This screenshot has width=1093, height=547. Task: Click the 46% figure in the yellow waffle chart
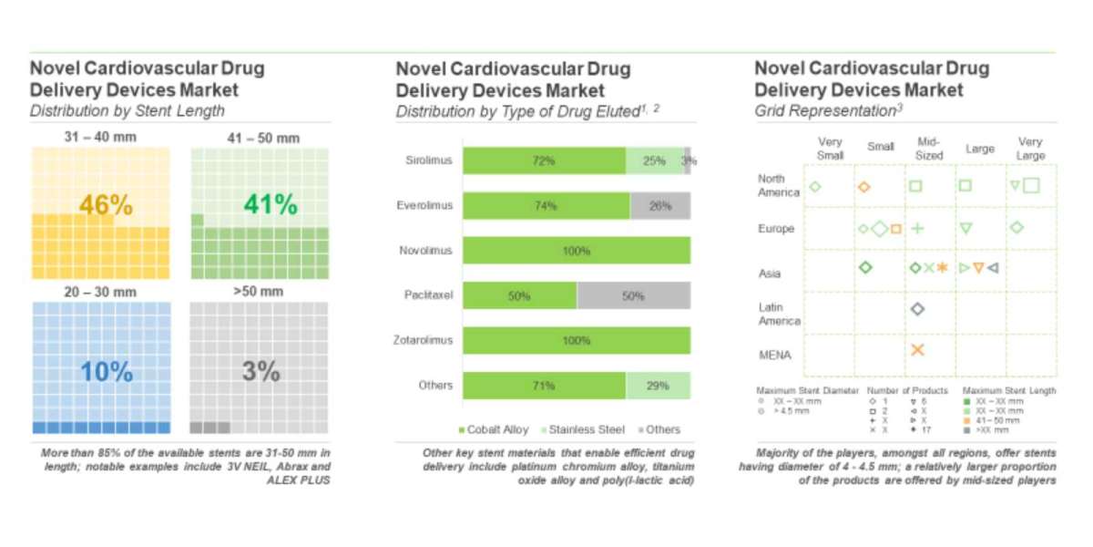106,205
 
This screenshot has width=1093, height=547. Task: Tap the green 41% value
271,205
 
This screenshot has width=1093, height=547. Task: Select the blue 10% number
106,372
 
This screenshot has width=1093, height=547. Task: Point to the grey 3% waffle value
260,372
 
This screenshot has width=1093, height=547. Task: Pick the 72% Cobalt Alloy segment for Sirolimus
544,160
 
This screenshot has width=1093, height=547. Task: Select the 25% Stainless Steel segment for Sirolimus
654,160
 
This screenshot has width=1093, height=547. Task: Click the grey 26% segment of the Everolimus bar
659,206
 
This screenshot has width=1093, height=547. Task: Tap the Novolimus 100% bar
576,251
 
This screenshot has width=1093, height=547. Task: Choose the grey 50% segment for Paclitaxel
633,295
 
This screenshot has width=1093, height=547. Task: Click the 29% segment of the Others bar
658,386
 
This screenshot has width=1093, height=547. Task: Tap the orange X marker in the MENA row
917,350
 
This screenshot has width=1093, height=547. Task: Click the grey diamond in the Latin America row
917,309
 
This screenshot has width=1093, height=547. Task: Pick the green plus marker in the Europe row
917,228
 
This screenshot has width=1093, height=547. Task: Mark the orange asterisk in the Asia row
943,268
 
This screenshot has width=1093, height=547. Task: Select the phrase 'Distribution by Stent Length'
127,111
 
